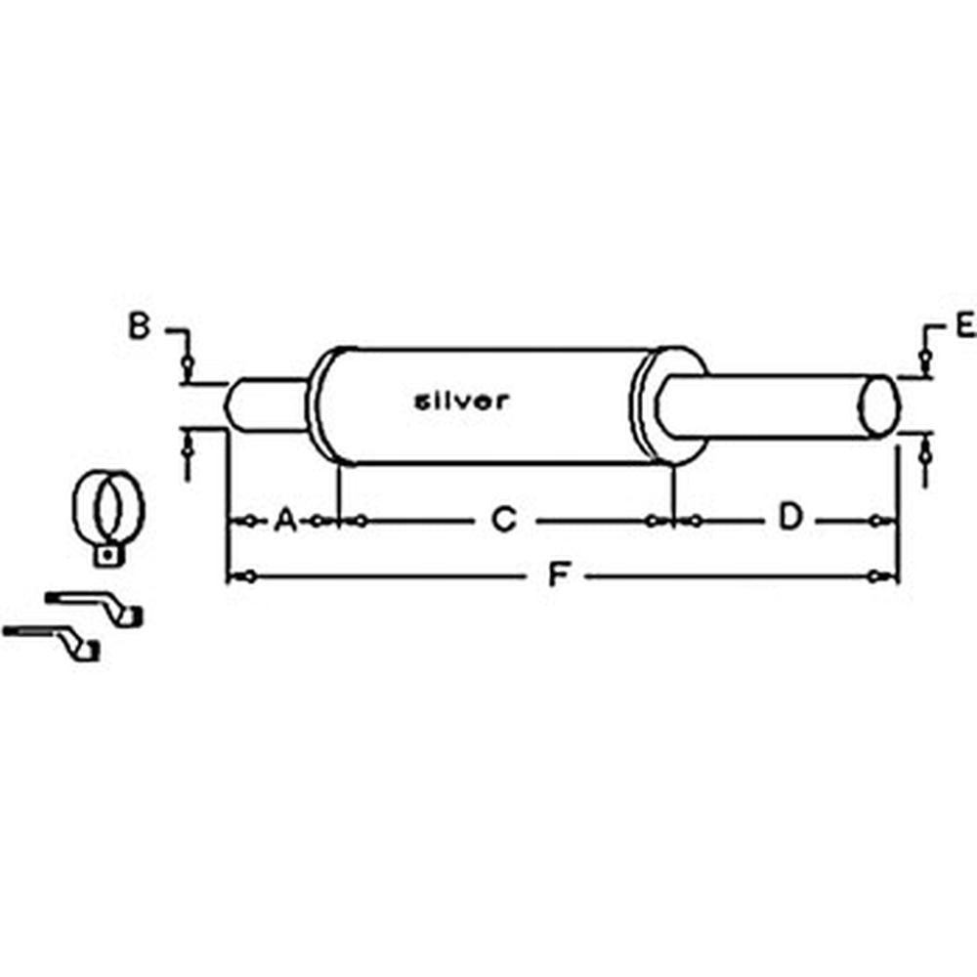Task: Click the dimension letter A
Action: point(285,520)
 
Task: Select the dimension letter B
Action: point(140,326)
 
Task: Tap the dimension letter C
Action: point(502,520)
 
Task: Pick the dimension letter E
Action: point(965,326)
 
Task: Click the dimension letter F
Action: point(558,576)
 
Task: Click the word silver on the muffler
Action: point(462,401)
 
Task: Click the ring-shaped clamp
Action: point(107,506)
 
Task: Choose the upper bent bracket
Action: point(98,607)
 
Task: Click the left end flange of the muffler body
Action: point(324,404)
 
